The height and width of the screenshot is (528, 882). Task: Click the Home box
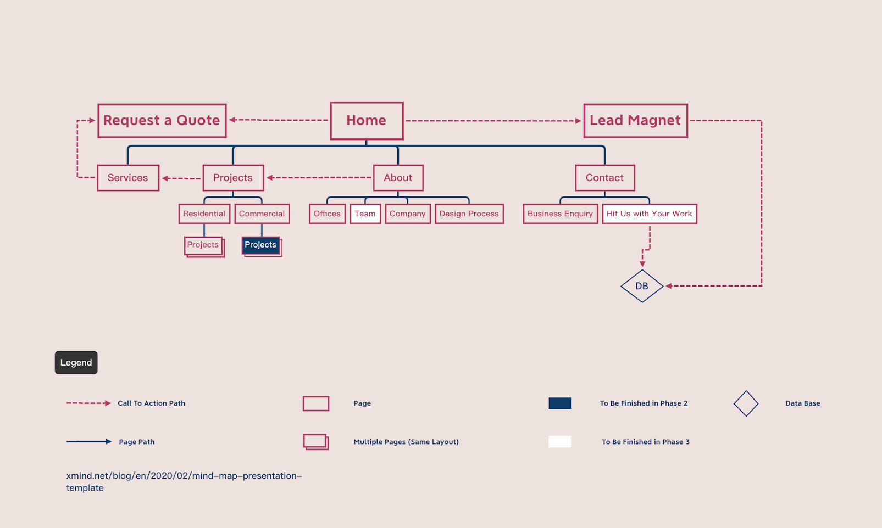coord(367,121)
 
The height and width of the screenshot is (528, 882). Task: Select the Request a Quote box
coord(162,121)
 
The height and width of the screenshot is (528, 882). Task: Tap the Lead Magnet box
coord(635,121)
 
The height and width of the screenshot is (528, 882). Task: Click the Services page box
coord(128,178)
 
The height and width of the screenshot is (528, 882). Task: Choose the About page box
coord(398,178)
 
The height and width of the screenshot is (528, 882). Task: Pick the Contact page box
coord(604,178)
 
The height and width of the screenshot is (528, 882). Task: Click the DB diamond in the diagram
coord(642,286)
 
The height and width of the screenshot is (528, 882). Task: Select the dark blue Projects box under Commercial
coord(260,245)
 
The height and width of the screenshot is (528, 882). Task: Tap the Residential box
coord(204,214)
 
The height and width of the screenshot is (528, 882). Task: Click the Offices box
coord(327,214)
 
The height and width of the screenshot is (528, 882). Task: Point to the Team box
coord(365,214)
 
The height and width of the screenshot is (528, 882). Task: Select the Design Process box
coord(469,214)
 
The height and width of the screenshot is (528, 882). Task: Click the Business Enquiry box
coord(560,214)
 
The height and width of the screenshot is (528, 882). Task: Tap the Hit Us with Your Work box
coord(649,214)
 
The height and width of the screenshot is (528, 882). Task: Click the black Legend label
coord(76,363)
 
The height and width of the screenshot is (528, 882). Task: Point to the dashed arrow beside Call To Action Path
coord(88,403)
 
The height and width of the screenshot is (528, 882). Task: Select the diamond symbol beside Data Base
coord(746,403)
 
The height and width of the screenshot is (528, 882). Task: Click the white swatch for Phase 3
coord(559,442)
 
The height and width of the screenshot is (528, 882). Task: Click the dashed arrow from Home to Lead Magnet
coord(493,121)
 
